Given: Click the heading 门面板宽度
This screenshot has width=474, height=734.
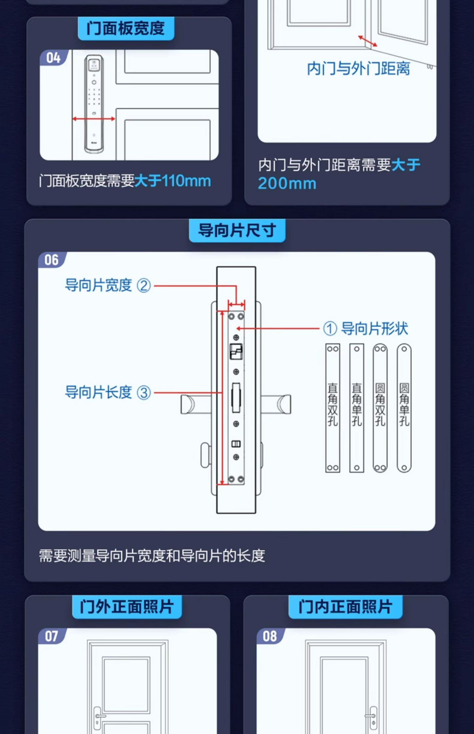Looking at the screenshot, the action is [126, 28].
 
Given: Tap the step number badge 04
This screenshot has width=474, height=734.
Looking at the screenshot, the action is [53, 58].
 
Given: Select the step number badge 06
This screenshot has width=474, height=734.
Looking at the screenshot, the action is [52, 260].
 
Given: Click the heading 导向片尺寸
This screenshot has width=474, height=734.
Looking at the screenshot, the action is [237, 230].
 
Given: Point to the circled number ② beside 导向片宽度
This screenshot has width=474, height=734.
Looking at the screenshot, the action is [144, 286].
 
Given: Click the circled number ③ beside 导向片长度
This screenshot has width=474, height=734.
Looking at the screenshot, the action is [144, 393].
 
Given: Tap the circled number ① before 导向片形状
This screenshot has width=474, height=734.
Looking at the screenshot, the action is [330, 328].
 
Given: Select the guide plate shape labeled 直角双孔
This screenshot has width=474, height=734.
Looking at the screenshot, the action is [333, 408].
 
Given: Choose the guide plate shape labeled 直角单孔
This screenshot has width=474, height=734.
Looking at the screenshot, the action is [357, 408].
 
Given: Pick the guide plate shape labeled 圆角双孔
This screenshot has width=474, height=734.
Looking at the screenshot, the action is [380, 408].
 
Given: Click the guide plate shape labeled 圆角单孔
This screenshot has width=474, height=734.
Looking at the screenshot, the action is [404, 408].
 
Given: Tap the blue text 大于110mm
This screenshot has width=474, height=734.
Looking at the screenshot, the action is [173, 181].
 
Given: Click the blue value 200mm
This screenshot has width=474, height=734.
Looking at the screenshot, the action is [287, 183].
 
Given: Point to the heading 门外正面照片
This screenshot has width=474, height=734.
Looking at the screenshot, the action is [127, 607].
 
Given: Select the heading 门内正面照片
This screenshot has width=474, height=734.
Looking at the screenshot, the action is [345, 607].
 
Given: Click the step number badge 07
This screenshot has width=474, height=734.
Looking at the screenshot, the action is [52, 636].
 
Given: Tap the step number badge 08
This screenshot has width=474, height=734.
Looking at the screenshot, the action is [270, 636].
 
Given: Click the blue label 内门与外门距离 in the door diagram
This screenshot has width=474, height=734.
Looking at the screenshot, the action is [358, 69].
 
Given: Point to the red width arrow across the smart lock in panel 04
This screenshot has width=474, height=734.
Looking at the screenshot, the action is [94, 119].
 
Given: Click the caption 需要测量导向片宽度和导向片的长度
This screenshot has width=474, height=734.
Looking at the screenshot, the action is [152, 556].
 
